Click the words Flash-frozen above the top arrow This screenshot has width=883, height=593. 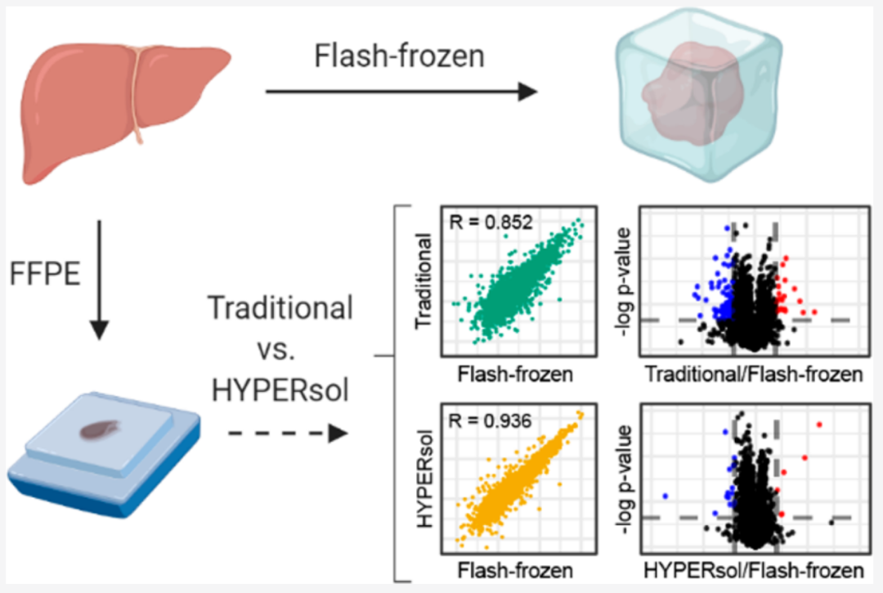pos(400,57)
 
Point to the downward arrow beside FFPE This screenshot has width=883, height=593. pos(99,278)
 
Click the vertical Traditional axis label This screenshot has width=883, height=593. pos(424,281)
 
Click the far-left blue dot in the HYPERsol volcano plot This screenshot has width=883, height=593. pos(666,496)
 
